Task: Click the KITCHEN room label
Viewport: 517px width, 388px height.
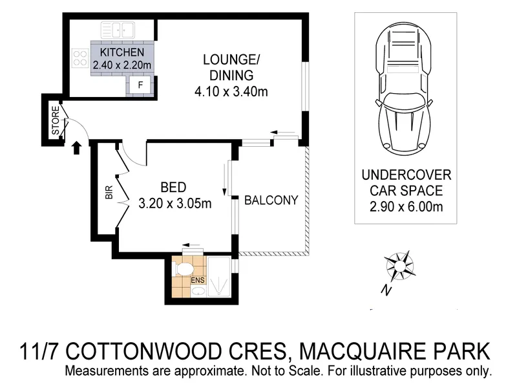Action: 122,52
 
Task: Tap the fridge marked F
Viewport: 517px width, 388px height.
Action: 140,85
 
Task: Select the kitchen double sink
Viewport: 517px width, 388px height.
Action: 118,30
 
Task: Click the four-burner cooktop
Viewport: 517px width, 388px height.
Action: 80,58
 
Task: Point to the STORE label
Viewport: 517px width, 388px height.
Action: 56,120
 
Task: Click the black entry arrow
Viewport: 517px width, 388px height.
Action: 76,148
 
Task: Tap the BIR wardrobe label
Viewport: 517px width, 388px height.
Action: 109,192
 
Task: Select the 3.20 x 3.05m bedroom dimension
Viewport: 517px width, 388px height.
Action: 174,204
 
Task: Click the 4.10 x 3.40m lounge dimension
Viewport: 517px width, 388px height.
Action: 231,91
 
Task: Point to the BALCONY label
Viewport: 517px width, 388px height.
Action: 271,200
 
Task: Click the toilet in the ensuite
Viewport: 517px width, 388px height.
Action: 183,268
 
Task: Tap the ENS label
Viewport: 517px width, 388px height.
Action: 198,280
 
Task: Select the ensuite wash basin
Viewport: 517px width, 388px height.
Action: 198,292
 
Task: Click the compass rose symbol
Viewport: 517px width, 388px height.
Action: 399,264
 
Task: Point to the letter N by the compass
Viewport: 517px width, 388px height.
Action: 386,290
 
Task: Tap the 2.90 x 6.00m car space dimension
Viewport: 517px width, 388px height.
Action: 406,207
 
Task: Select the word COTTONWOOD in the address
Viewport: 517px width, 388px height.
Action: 176,351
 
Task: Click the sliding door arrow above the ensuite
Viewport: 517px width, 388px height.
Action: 191,245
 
